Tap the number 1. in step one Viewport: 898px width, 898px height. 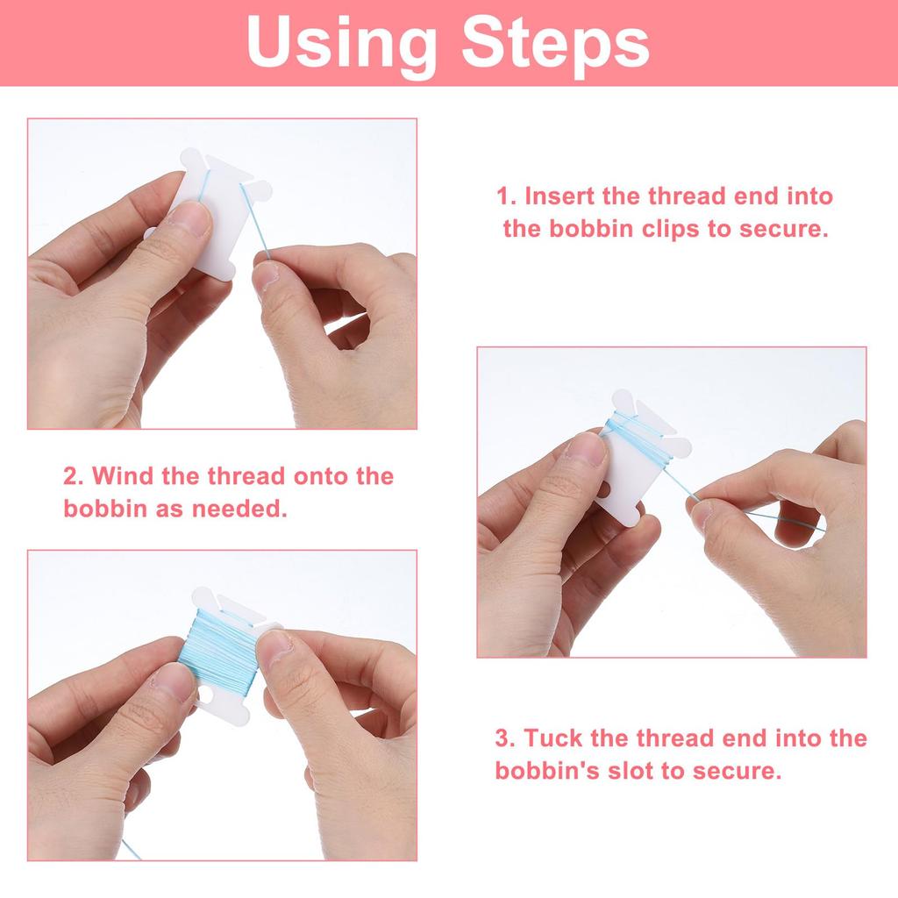pos(506,196)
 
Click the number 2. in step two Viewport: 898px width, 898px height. pos(74,476)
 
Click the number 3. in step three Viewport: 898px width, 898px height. pos(506,738)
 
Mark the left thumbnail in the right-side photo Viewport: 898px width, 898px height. pos(586,448)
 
